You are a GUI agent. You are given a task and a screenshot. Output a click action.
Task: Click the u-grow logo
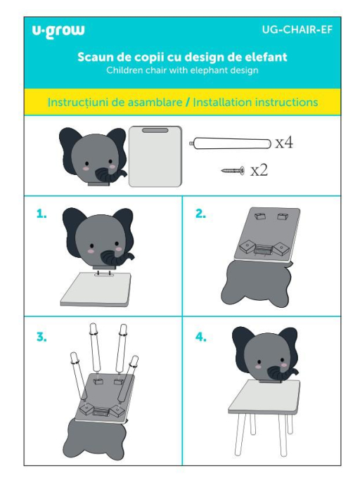pos(58,31)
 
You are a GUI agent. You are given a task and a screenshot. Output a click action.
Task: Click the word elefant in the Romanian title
pos(262,56)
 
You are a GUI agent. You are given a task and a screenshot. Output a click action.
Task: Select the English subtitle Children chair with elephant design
pos(182,70)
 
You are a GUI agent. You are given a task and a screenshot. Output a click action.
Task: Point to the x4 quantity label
pos(283,143)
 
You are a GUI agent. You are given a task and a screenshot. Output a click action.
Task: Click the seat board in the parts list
pos(155,155)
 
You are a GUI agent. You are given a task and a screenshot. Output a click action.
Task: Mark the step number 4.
pos(201,337)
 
